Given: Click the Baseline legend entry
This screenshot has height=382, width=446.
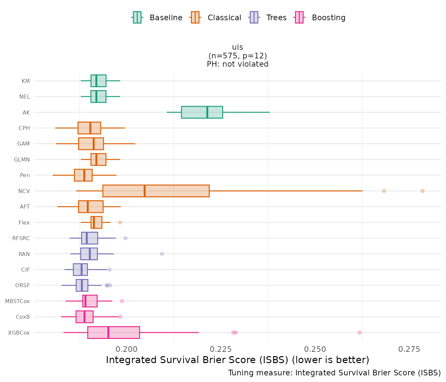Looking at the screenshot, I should click(157, 18).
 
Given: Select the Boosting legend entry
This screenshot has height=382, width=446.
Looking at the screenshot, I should click(320, 18).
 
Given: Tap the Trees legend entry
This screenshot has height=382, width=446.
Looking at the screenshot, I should click(268, 18).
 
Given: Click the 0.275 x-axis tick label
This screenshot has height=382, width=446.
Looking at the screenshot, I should click(409, 349).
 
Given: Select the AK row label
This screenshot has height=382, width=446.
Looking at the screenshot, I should click(26, 112).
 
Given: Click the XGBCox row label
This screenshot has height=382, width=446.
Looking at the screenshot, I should click(19, 333).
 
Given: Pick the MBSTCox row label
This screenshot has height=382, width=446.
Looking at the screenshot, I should click(17, 301).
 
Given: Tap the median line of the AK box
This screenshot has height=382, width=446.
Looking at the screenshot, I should click(207, 112).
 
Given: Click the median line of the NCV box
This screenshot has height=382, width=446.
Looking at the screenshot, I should click(145, 191).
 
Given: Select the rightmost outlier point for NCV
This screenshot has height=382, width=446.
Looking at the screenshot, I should click(422, 191).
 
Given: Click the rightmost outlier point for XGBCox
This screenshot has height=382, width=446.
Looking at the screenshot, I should click(359, 333).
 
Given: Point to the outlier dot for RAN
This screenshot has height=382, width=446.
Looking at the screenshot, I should click(162, 254).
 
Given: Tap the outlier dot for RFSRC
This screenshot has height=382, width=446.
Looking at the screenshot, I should click(125, 238).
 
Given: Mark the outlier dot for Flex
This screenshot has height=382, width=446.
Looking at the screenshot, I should click(120, 222).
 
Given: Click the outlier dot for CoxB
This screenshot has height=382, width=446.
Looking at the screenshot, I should click(120, 317).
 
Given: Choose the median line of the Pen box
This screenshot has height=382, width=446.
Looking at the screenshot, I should click(84, 175).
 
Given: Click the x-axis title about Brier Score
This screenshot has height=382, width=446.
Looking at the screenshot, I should click(238, 360).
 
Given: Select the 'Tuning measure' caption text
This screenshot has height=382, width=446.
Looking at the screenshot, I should click(334, 373).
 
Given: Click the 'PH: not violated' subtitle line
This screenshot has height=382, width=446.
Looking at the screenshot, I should click(238, 64).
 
